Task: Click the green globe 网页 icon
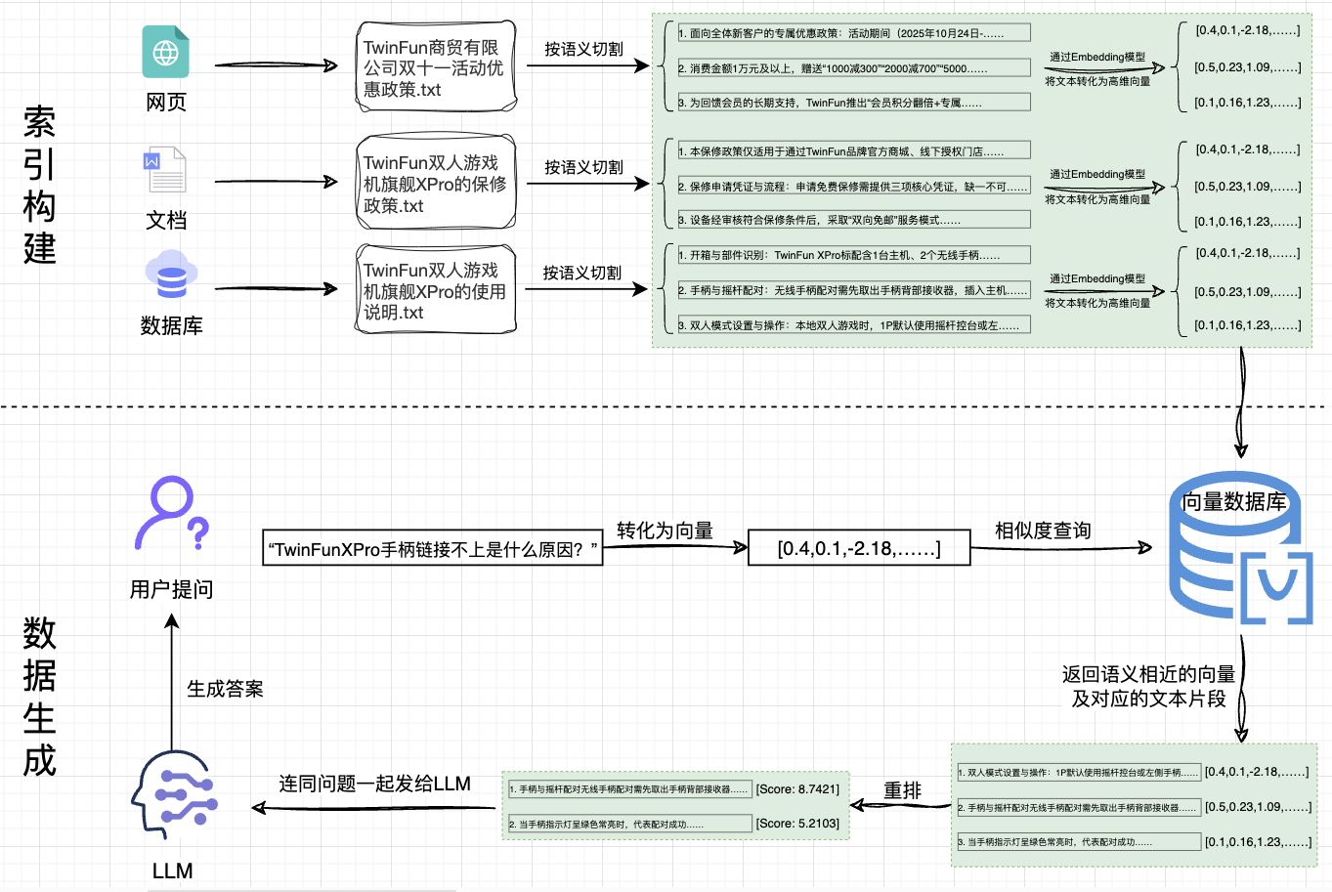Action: (x=166, y=52)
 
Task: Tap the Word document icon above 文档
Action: (x=165, y=169)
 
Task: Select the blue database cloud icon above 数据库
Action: (x=171, y=276)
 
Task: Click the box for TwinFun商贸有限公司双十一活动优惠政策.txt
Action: (x=435, y=67)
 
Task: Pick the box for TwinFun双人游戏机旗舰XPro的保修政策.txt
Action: (x=435, y=184)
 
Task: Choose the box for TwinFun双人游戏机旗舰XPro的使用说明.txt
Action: (x=435, y=290)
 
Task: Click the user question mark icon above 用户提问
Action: (x=171, y=514)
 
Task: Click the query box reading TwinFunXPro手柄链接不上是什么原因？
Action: (x=432, y=549)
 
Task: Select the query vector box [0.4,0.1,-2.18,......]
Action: (x=858, y=548)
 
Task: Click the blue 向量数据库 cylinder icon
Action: (x=1239, y=547)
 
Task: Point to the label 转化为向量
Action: (x=665, y=531)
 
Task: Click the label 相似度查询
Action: (x=1043, y=531)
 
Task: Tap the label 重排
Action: (x=902, y=790)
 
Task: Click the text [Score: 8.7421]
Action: (x=796, y=789)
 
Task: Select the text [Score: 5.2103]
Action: (x=796, y=824)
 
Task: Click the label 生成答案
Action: (x=225, y=689)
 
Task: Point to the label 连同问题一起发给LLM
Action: (x=374, y=784)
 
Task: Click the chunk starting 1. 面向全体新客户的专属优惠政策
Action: (x=853, y=33)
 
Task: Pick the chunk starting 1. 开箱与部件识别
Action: (x=853, y=255)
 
